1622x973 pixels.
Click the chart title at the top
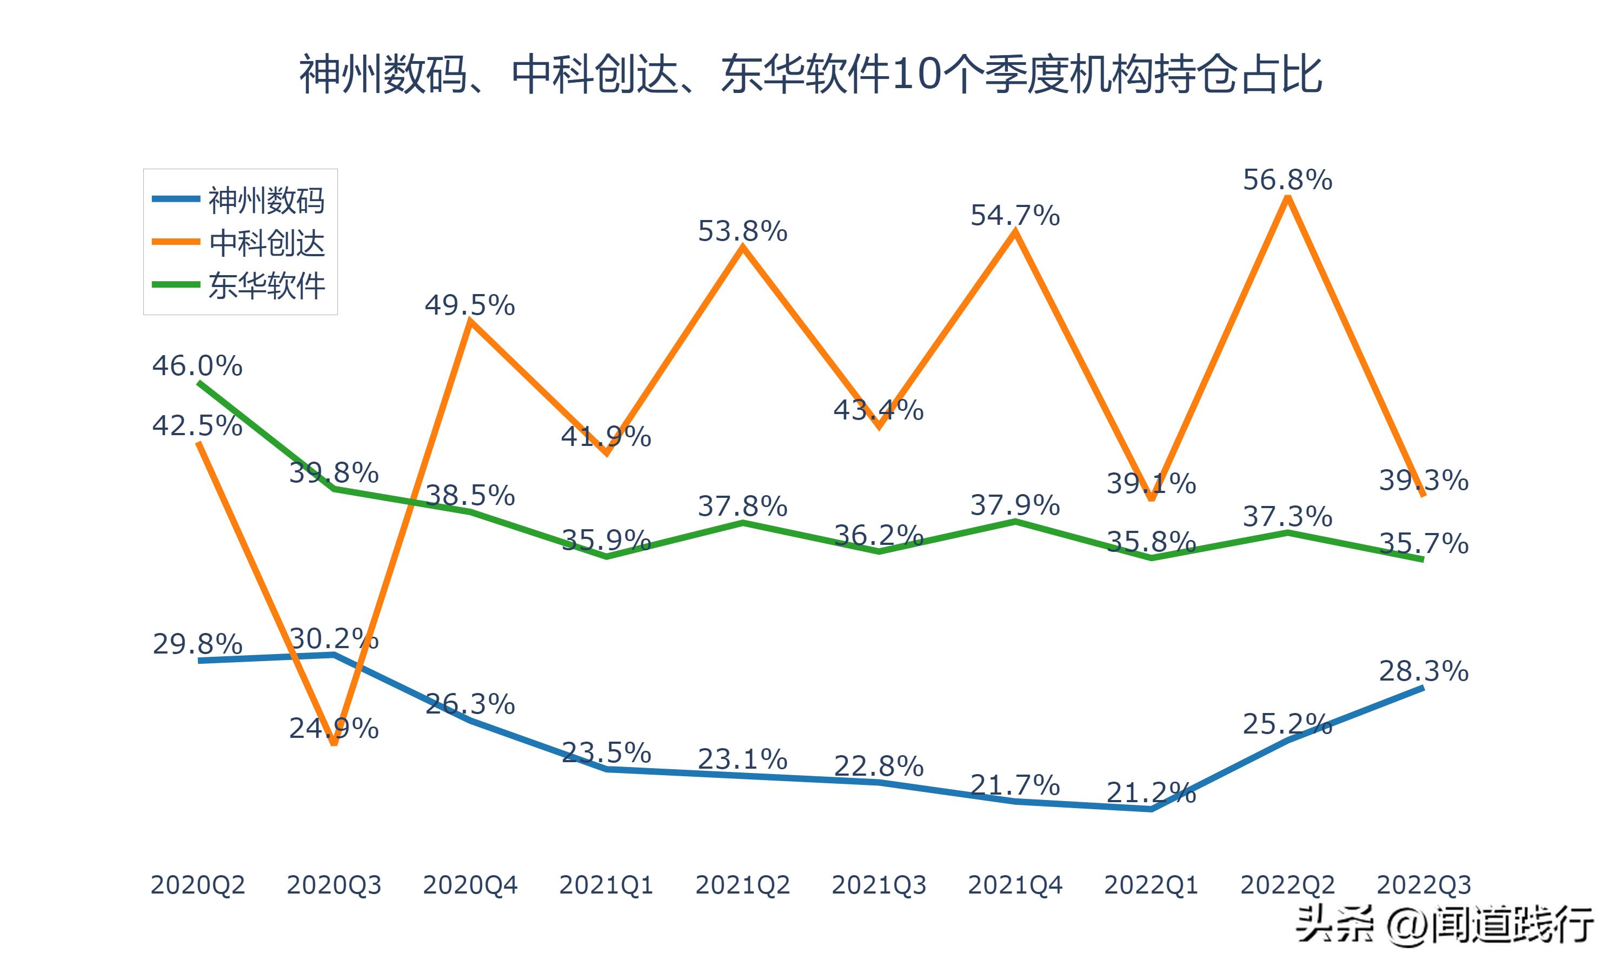(810, 75)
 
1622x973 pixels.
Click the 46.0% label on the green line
(197, 366)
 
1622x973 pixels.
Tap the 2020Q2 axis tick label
(197, 885)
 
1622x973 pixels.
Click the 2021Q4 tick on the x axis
(1014, 885)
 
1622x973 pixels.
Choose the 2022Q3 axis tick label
(1424, 885)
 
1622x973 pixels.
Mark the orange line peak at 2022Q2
(1288, 198)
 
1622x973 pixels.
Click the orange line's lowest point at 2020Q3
(334, 743)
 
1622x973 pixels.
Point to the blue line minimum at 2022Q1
(1151, 809)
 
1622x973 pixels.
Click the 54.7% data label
(1014, 216)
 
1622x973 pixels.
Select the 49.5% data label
(469, 305)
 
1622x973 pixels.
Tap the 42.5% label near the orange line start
(197, 426)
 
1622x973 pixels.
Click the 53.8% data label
(742, 231)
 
